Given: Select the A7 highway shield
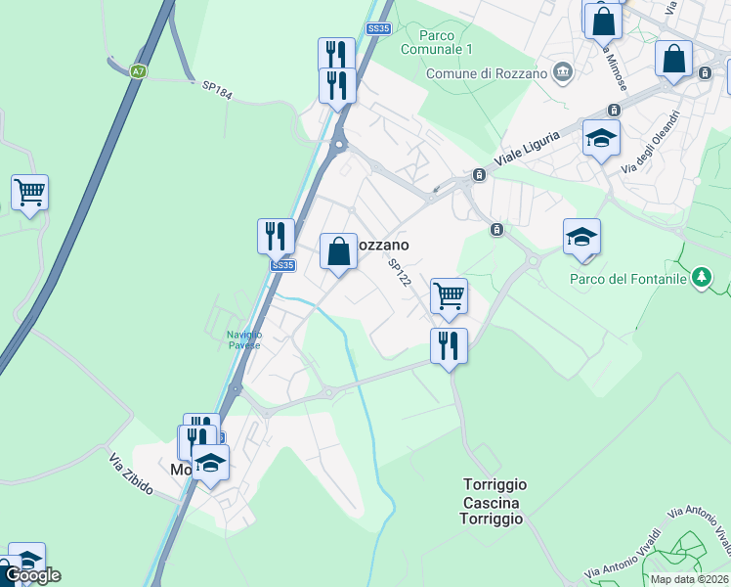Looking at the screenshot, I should [139, 70].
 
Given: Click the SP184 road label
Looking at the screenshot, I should [217, 88].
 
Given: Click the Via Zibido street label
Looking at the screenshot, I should [130, 474].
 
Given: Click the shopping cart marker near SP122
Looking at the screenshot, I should [449, 294].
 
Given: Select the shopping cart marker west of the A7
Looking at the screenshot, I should [30, 192].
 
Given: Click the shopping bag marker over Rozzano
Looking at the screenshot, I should [338, 250].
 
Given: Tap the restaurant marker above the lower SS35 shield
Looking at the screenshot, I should [277, 236].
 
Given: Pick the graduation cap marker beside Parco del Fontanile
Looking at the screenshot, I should [581, 236].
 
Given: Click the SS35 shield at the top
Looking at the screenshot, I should [378, 29].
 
